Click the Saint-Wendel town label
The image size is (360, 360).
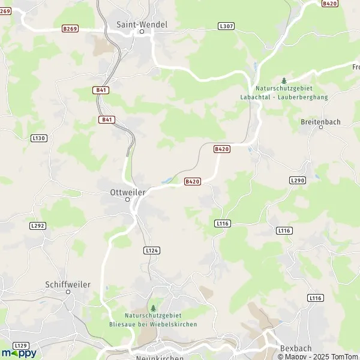[142, 25]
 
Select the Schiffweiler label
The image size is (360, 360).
[68, 284]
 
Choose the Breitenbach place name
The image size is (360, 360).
[320, 122]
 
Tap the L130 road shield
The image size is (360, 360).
[38, 138]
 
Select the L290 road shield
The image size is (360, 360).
[297, 180]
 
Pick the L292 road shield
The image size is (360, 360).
[37, 226]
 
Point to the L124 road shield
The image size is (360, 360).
[152, 250]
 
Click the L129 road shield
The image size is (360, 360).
[21, 345]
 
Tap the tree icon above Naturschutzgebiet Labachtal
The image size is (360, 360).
[284, 80]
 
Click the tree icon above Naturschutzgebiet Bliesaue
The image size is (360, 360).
[152, 308]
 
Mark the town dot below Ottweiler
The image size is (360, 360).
[127, 200]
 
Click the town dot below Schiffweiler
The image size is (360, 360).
[68, 292]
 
